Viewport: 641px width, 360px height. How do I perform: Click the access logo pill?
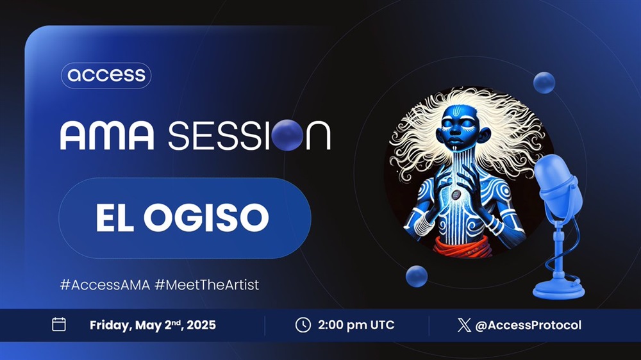pyautogui.click(x=106, y=75)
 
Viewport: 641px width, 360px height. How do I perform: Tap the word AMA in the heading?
pyautogui.click(x=108, y=135)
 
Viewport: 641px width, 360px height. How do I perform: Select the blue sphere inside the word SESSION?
pyautogui.click(x=287, y=135)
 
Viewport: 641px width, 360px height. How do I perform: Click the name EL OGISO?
pyautogui.click(x=182, y=217)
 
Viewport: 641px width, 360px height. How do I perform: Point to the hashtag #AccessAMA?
pyautogui.click(x=105, y=284)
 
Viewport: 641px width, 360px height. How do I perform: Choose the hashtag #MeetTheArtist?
pyautogui.click(x=207, y=284)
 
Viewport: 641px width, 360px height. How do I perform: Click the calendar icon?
pyautogui.click(x=59, y=325)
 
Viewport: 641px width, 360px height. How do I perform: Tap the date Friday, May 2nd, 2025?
pyautogui.click(x=153, y=325)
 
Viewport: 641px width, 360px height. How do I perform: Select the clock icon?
pyautogui.click(x=303, y=325)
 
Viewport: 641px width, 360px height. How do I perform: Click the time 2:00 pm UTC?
pyautogui.click(x=356, y=325)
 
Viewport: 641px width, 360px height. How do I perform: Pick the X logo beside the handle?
pyautogui.click(x=464, y=325)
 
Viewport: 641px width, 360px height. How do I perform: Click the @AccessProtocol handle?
pyautogui.click(x=528, y=325)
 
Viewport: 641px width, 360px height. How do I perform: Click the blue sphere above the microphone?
pyautogui.click(x=544, y=83)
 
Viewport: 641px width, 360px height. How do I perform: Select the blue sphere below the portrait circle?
pyautogui.click(x=417, y=276)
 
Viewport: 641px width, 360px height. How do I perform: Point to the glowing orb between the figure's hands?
pyautogui.click(x=455, y=194)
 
